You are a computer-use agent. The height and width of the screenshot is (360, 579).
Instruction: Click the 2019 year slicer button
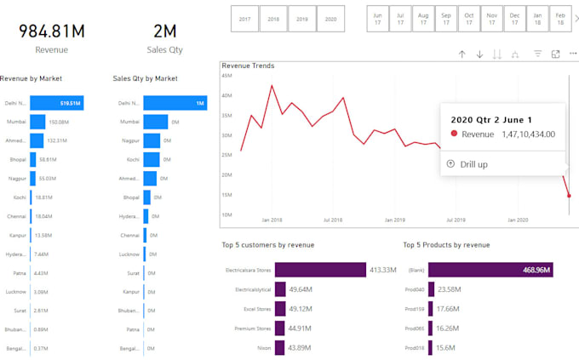[301, 18]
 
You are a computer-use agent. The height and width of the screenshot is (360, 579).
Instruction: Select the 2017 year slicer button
[245, 18]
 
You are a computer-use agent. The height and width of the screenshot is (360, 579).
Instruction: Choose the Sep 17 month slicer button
[446, 18]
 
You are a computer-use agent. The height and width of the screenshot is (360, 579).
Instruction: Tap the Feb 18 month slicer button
[559, 18]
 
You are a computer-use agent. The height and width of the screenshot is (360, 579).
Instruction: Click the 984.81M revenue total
[52, 31]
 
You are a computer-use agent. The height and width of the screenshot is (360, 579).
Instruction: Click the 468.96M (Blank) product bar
[490, 270]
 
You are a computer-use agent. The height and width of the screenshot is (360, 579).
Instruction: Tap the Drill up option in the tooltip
[473, 164]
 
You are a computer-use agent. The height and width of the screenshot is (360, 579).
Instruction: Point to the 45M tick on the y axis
[226, 75]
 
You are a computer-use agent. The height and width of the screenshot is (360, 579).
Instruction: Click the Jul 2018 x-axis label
[333, 220]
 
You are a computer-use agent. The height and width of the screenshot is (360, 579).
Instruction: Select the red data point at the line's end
[569, 196]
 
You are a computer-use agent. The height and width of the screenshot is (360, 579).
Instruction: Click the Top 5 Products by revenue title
[446, 245]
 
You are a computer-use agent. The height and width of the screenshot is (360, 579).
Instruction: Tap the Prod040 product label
[415, 289]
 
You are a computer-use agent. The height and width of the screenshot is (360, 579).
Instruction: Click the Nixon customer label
[264, 347]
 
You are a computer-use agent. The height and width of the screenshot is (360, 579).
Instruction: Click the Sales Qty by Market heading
[145, 78]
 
